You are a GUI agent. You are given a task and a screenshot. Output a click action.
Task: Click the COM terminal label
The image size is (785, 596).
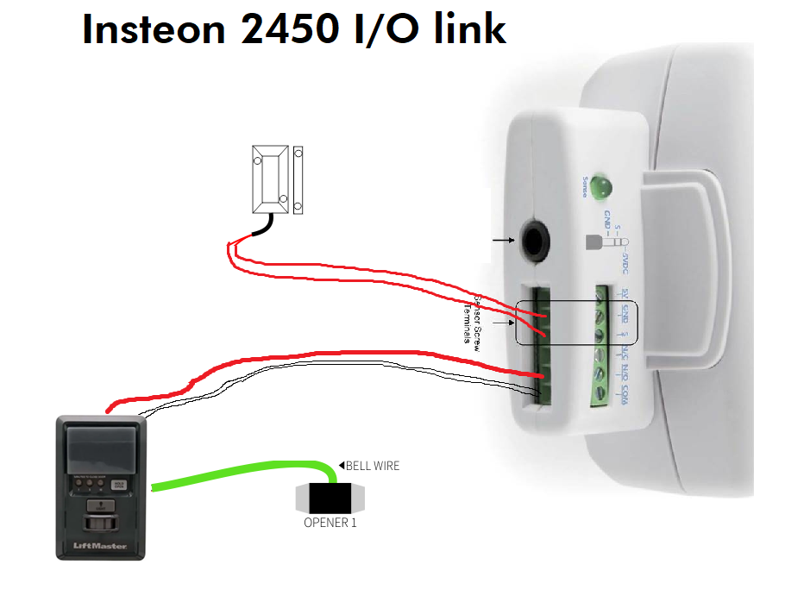(625, 394)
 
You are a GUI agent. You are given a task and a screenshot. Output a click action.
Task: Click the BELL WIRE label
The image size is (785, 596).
(372, 466)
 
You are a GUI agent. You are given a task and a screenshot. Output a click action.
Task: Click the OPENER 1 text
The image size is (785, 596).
(330, 522)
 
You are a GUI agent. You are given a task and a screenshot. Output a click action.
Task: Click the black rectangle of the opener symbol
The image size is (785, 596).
(330, 499)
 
